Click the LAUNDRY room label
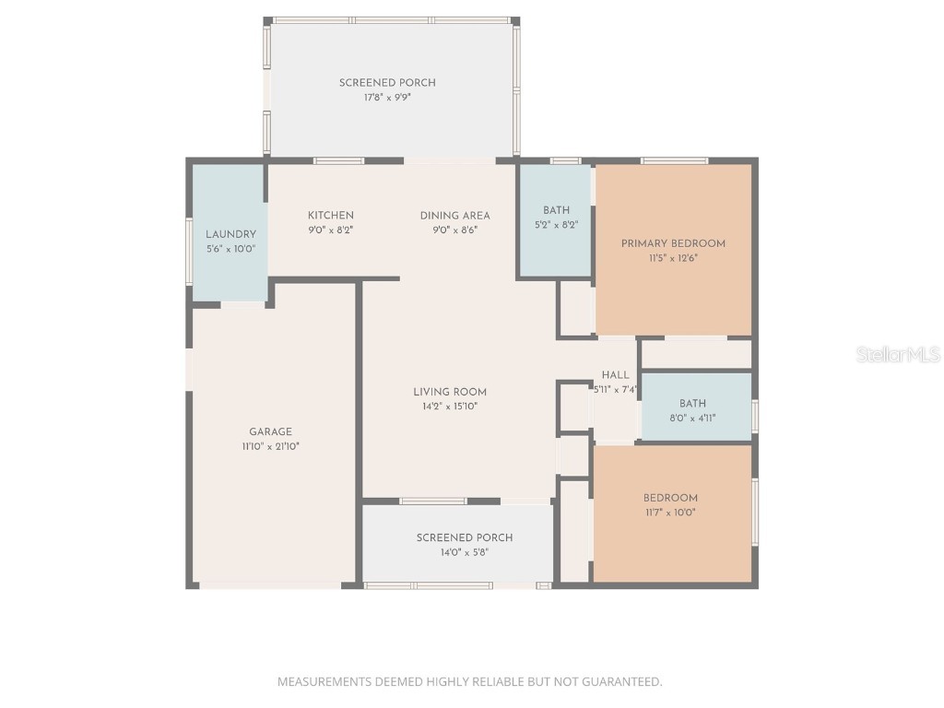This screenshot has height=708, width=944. pos(230,234)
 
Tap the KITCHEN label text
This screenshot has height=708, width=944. pos(330,216)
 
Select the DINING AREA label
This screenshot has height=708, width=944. pos(454,216)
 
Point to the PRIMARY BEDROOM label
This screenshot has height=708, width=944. pos(673,243)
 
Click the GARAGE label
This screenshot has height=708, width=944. pos(270,431)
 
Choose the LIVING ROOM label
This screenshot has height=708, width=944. pos(450,392)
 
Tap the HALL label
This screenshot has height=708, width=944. pos(615,375)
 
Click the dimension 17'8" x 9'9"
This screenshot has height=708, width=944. pos(387,97)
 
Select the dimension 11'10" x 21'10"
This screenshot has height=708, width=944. pos(270,446)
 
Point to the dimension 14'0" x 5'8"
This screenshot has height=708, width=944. pos(465,552)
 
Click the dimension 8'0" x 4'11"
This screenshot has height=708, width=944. pos(692,418)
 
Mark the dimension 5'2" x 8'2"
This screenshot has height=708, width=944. pos(556,225)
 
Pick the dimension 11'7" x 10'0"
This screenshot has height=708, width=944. pos(670,513)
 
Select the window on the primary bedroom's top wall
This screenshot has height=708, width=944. pos(674,161)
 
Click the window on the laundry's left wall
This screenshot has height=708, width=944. pos(189,250)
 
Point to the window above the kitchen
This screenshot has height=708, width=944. pos(338,161)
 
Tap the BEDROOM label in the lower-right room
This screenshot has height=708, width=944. pos(670,498)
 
